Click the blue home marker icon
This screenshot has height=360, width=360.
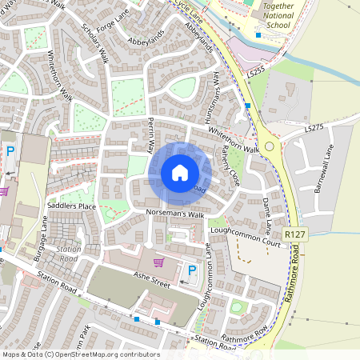[179, 173]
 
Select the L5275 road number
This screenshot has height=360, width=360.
[314, 127]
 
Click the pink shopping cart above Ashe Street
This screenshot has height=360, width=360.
[158, 262]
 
